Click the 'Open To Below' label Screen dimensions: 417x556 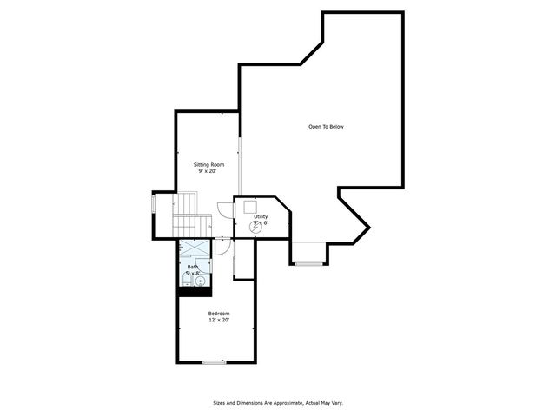click(x=326, y=127)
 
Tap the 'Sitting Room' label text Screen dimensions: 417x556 click(x=208, y=164)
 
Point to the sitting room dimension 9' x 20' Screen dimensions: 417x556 click(x=207, y=171)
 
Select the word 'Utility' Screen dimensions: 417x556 click(x=261, y=216)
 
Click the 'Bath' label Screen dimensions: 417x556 click(x=192, y=267)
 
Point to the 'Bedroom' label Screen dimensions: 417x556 click(x=218, y=313)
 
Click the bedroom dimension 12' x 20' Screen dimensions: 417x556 click(x=218, y=320)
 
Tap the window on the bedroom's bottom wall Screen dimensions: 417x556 click(x=214, y=361)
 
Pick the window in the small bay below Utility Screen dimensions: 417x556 click(x=308, y=261)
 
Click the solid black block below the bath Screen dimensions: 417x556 click(x=190, y=291)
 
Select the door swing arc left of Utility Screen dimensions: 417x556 click(x=224, y=208)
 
